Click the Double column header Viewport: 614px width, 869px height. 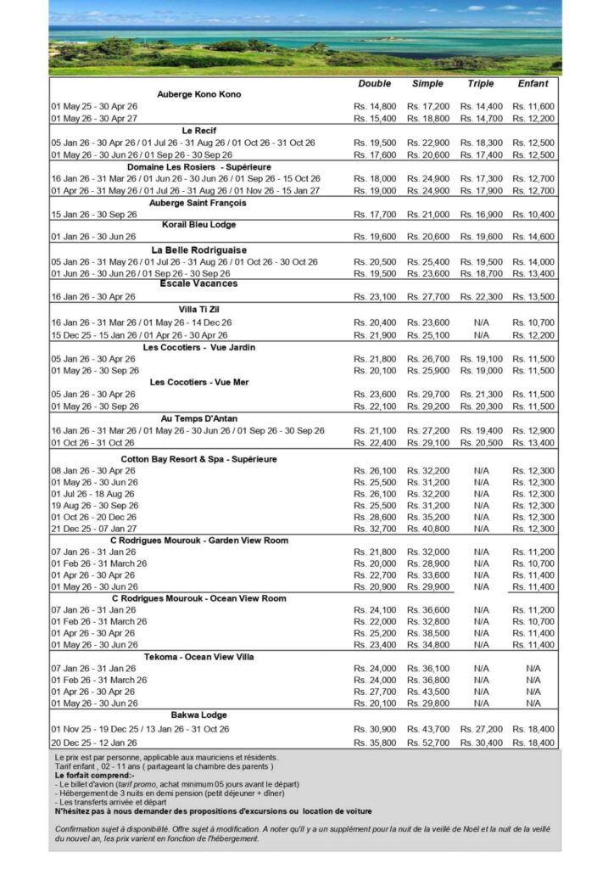[x=375, y=84]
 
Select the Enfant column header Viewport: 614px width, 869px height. [x=533, y=84]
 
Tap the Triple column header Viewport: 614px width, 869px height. [x=481, y=84]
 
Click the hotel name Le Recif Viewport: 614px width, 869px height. [x=199, y=131]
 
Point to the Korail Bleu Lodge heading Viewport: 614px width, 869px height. [x=199, y=224]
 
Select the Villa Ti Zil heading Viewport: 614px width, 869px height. [x=199, y=310]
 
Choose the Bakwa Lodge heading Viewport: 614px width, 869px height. [x=199, y=715]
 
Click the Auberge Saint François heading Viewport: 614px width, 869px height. [x=199, y=203]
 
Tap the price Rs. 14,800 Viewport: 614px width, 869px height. [x=375, y=107]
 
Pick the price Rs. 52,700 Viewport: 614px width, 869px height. [x=427, y=743]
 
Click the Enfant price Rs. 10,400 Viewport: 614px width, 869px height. [x=533, y=215]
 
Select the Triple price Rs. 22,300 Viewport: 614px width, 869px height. [x=481, y=297]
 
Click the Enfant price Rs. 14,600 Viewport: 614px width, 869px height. [x=533, y=237]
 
